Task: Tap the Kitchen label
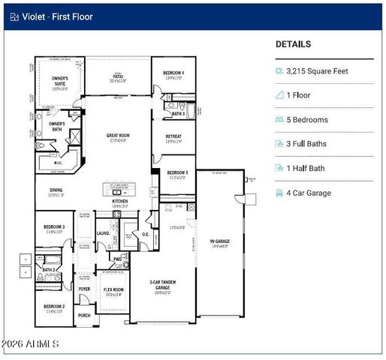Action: (120, 202)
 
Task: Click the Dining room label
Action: (56, 191)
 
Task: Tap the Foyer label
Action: (84, 289)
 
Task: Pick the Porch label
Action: (84, 315)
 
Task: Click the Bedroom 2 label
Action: (53, 307)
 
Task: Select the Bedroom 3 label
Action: (53, 228)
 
